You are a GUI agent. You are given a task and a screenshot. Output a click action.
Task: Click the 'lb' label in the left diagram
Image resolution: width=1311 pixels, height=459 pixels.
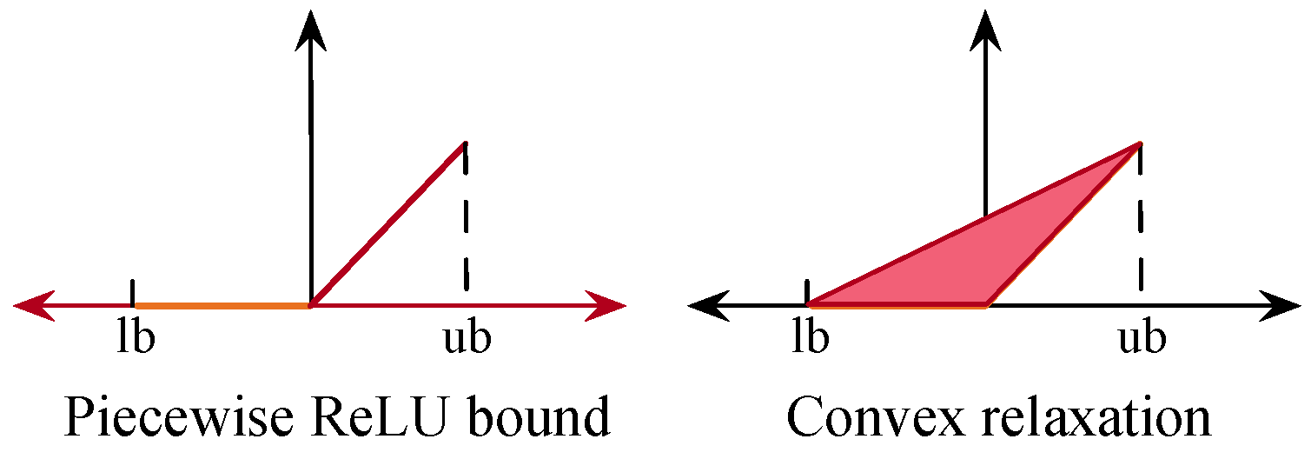point(136,338)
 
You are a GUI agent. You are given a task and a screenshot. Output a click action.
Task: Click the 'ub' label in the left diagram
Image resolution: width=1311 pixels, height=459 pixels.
point(467,338)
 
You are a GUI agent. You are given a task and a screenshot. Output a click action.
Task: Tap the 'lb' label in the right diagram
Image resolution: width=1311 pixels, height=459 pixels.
point(810,338)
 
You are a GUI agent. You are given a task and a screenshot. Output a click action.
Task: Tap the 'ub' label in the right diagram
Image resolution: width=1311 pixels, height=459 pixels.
point(1141,338)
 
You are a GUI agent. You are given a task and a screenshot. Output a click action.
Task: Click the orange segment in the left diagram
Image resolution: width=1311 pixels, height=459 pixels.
point(222,305)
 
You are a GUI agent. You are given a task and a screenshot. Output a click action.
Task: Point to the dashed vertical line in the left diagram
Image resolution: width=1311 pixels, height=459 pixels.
point(467,226)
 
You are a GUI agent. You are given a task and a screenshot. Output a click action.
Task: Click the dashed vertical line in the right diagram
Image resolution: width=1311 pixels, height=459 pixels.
point(1140,226)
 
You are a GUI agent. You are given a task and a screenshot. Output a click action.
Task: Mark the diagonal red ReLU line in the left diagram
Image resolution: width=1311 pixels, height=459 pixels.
point(388,224)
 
